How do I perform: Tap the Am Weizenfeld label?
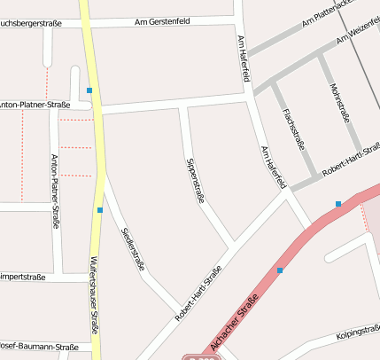358,35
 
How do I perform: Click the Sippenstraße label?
195,180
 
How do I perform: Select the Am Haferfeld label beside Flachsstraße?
275,167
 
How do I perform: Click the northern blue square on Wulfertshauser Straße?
89,90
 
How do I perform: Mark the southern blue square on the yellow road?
100,210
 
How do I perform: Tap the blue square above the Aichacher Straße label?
280,270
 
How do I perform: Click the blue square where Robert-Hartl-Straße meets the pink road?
338,205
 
